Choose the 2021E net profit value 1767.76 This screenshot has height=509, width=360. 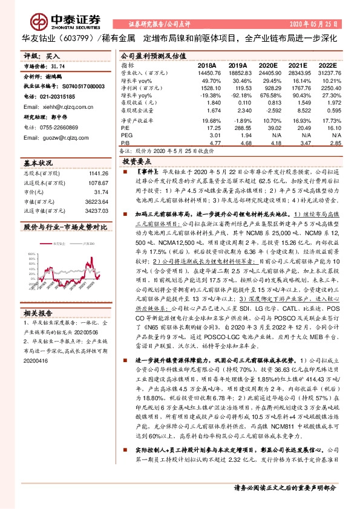tap(295, 88)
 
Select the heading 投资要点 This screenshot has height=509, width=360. tap(136, 163)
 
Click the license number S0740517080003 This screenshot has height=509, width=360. tap(73, 86)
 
